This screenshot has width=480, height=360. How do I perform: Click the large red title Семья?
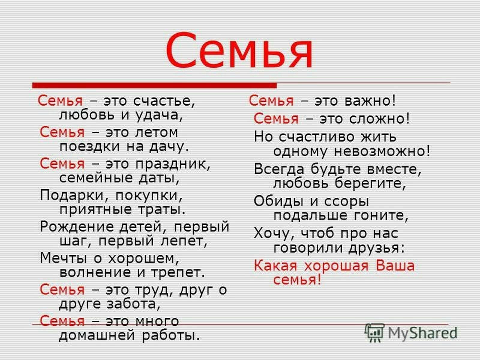point(239,51)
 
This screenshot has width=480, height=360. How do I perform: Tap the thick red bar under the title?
point(154,85)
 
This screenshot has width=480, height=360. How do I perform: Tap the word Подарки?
point(71,195)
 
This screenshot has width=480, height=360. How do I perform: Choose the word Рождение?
point(77,227)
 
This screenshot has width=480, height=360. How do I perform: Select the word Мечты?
point(63,258)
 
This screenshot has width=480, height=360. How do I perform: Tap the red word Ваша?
point(395,266)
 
